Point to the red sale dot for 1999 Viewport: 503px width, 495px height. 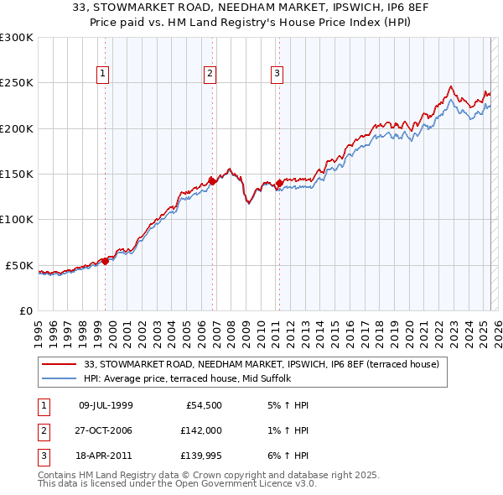pos(106,261)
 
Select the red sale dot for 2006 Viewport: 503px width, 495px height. pos(213,180)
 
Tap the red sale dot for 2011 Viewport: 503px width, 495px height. pos(278,182)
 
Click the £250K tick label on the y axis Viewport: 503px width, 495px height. pos(16,83)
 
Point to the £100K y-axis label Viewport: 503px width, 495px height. pos(16,220)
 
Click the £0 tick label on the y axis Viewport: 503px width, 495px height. pos(25,310)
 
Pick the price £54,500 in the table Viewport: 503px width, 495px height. pos(204,406)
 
